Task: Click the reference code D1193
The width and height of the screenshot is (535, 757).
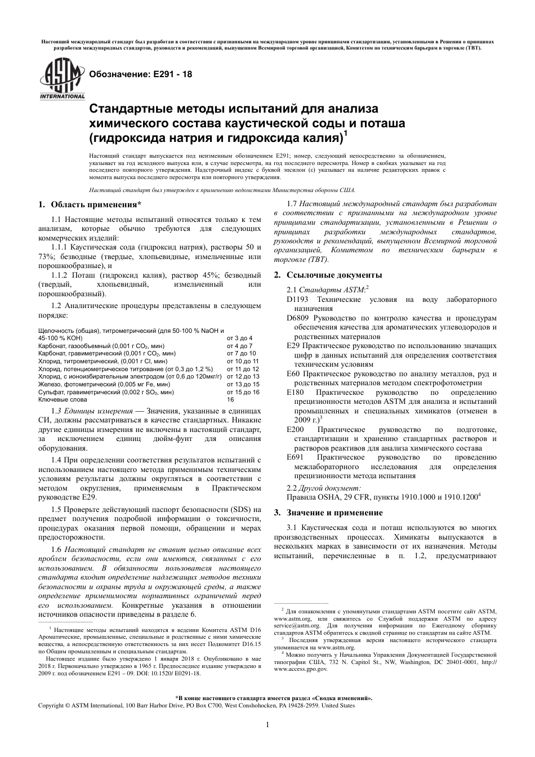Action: (298, 300)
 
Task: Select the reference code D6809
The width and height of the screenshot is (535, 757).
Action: (298, 318)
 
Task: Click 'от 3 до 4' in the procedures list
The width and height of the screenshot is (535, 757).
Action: (239, 338)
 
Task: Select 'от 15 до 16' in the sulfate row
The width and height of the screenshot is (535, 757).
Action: (243, 392)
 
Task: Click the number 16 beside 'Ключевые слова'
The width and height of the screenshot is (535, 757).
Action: (230, 399)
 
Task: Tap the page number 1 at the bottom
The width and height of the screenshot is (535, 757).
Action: (267, 724)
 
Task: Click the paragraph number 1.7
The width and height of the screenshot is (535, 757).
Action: (292, 203)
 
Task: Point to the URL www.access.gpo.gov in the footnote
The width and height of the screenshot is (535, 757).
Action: (300, 669)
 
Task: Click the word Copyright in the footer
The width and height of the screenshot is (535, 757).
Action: (51, 705)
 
